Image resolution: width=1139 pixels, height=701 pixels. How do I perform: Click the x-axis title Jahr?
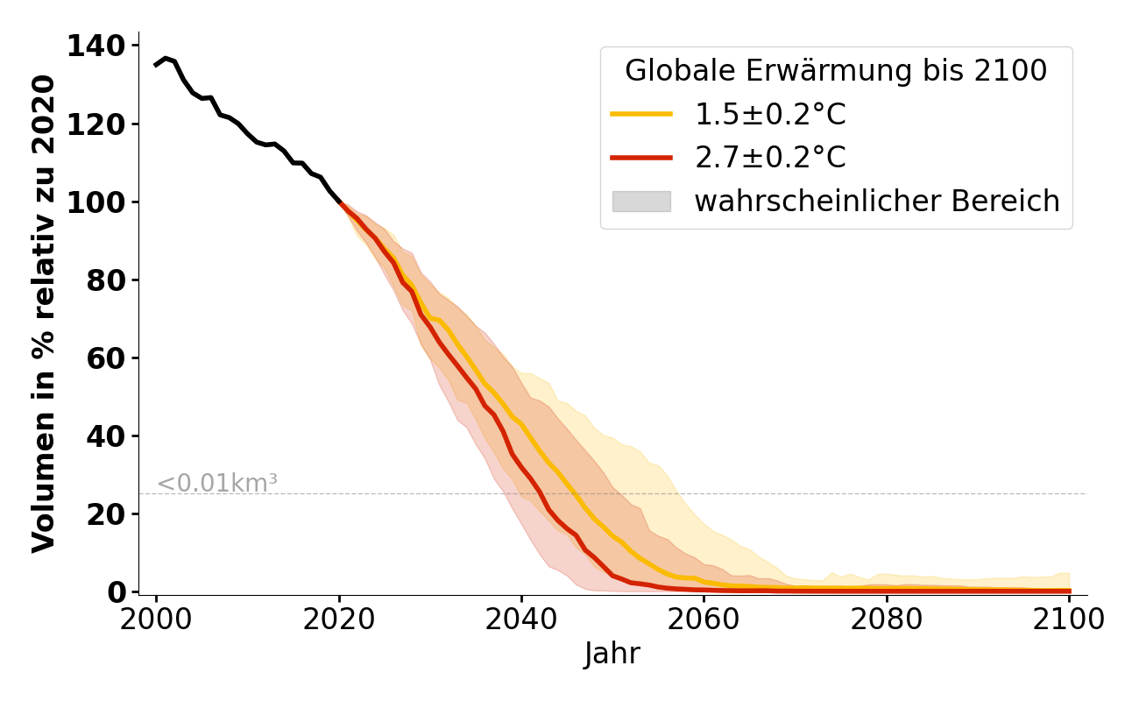612,654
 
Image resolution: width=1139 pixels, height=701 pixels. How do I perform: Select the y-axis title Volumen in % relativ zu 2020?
45,314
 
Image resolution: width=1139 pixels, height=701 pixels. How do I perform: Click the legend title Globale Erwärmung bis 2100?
836,71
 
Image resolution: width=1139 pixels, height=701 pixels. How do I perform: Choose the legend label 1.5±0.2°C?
770,115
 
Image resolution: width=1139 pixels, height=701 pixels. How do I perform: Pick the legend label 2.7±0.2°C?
770,158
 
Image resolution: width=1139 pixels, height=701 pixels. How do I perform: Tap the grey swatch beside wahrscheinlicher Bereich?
641,202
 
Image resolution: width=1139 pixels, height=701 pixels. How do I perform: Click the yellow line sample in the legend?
641,114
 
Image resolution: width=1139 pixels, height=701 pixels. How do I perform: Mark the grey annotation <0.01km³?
217,483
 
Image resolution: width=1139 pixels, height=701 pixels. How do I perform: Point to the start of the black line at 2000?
156,65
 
